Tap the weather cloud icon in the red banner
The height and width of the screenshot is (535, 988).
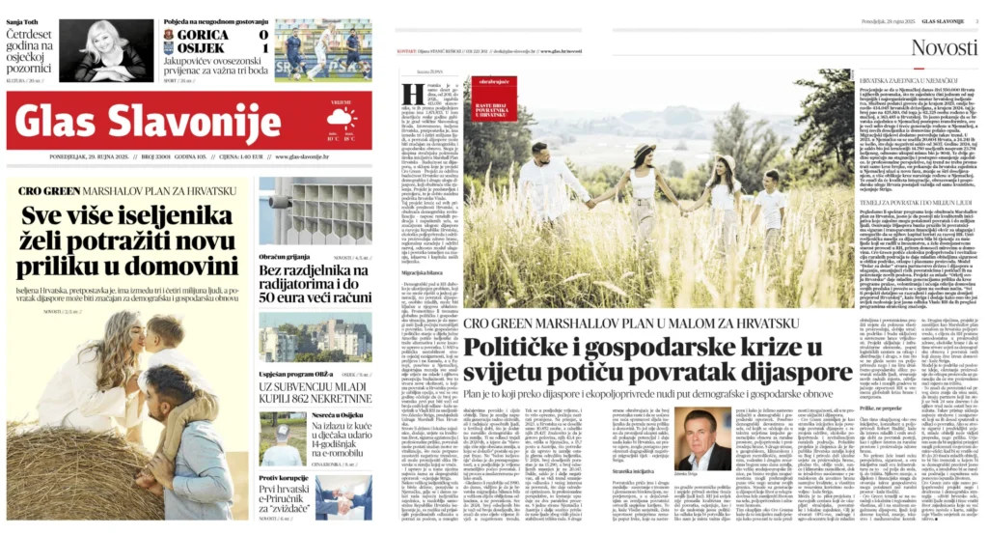click(340, 120)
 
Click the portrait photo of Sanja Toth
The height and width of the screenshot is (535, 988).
click(106, 50)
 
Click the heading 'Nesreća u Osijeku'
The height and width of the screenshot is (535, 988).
click(290, 414)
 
